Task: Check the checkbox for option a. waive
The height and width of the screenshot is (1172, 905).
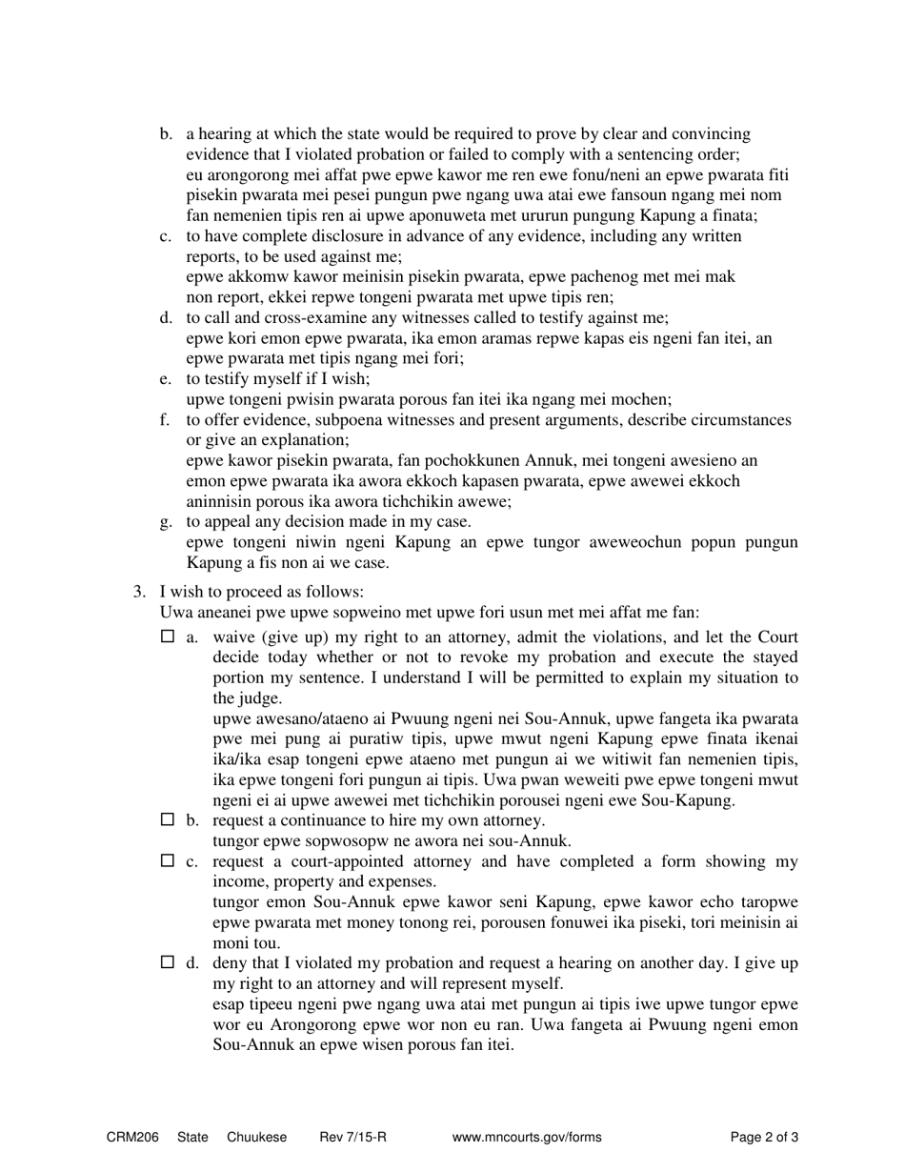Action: click(x=169, y=637)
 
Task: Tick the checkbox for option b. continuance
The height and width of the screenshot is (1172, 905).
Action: click(x=169, y=819)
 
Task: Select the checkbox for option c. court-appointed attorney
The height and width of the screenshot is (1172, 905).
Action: click(x=169, y=861)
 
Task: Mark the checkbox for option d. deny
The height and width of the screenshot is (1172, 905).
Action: click(x=169, y=963)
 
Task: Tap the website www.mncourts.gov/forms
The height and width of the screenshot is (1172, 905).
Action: click(x=527, y=1137)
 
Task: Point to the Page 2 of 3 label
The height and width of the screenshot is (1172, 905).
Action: click(x=764, y=1137)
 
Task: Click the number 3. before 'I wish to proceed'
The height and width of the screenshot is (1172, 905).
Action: click(x=139, y=592)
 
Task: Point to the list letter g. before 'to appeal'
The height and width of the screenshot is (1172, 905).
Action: click(x=166, y=521)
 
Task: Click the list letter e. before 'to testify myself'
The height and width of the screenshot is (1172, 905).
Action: click(x=166, y=378)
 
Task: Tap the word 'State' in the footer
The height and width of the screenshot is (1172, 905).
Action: click(x=192, y=1137)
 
